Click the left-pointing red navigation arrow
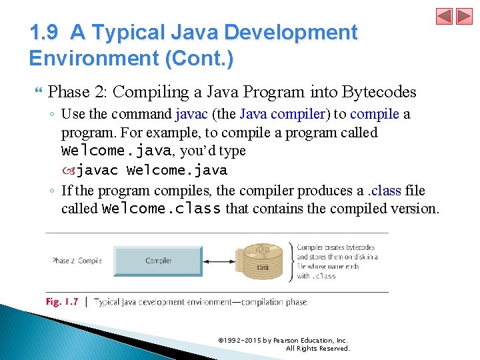[445, 17]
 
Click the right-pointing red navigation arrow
[464, 17]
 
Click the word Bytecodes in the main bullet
[381, 92]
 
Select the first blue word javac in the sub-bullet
[192, 114]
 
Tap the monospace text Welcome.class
[161, 209]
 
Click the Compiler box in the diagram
[158, 261]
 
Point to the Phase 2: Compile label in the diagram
[77, 261]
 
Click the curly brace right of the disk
[290, 261]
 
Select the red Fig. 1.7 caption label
[62, 302]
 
